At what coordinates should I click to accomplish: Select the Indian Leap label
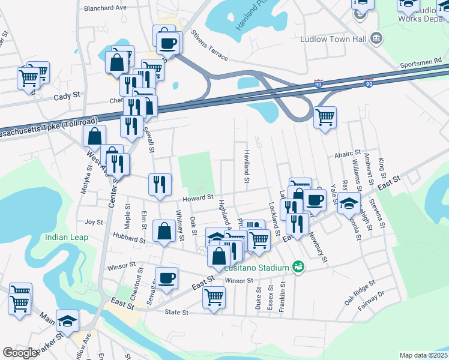pos(67,238)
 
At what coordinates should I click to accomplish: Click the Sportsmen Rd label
pos(421,61)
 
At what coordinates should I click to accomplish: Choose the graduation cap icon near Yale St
pos(349,203)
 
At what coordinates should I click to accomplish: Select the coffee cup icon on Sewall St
pos(167,278)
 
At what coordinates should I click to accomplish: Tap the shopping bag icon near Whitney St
pos(164,231)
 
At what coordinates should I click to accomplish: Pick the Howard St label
pos(199,197)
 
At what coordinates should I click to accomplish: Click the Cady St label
pos(67,95)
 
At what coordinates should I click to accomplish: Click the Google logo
pos(20,353)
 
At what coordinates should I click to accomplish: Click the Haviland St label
pos(246,166)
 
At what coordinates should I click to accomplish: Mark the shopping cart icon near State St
pos(214,297)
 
